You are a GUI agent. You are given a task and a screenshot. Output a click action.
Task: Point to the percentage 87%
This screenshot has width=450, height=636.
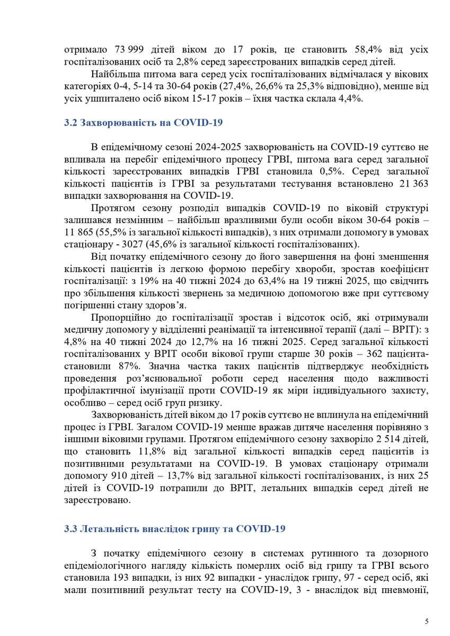129,366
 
